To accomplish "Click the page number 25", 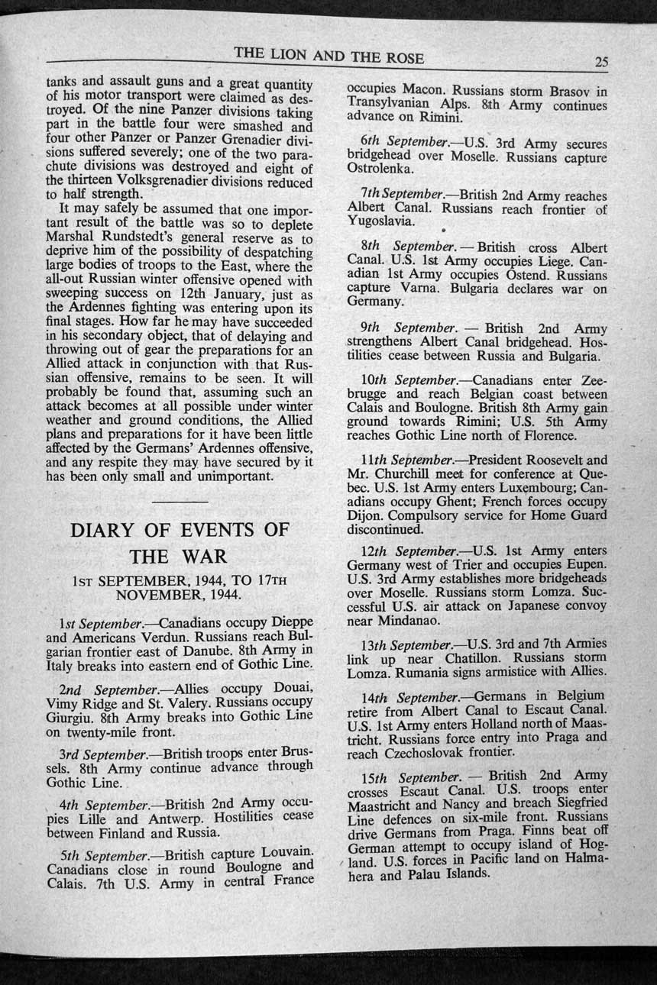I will [x=600, y=63].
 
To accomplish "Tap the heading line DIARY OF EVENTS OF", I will [x=180, y=529].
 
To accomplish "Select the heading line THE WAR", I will [x=180, y=555].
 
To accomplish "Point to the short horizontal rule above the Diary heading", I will [x=180, y=501].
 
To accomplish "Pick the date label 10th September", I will [x=405, y=379].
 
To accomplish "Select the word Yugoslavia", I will [x=380, y=222].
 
